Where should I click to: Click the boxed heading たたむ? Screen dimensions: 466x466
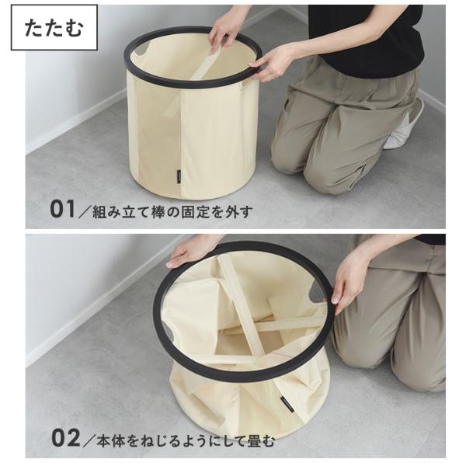[54, 28]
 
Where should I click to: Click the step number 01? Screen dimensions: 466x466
[62, 210]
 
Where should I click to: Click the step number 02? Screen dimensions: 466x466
[65, 437]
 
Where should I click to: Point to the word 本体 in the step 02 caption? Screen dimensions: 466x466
[111, 440]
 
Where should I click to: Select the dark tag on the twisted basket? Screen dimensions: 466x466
[287, 404]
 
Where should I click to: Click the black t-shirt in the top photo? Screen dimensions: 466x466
[366, 36]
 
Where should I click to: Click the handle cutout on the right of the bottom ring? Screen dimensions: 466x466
[315, 293]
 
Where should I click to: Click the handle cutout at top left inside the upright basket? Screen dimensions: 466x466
[143, 50]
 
